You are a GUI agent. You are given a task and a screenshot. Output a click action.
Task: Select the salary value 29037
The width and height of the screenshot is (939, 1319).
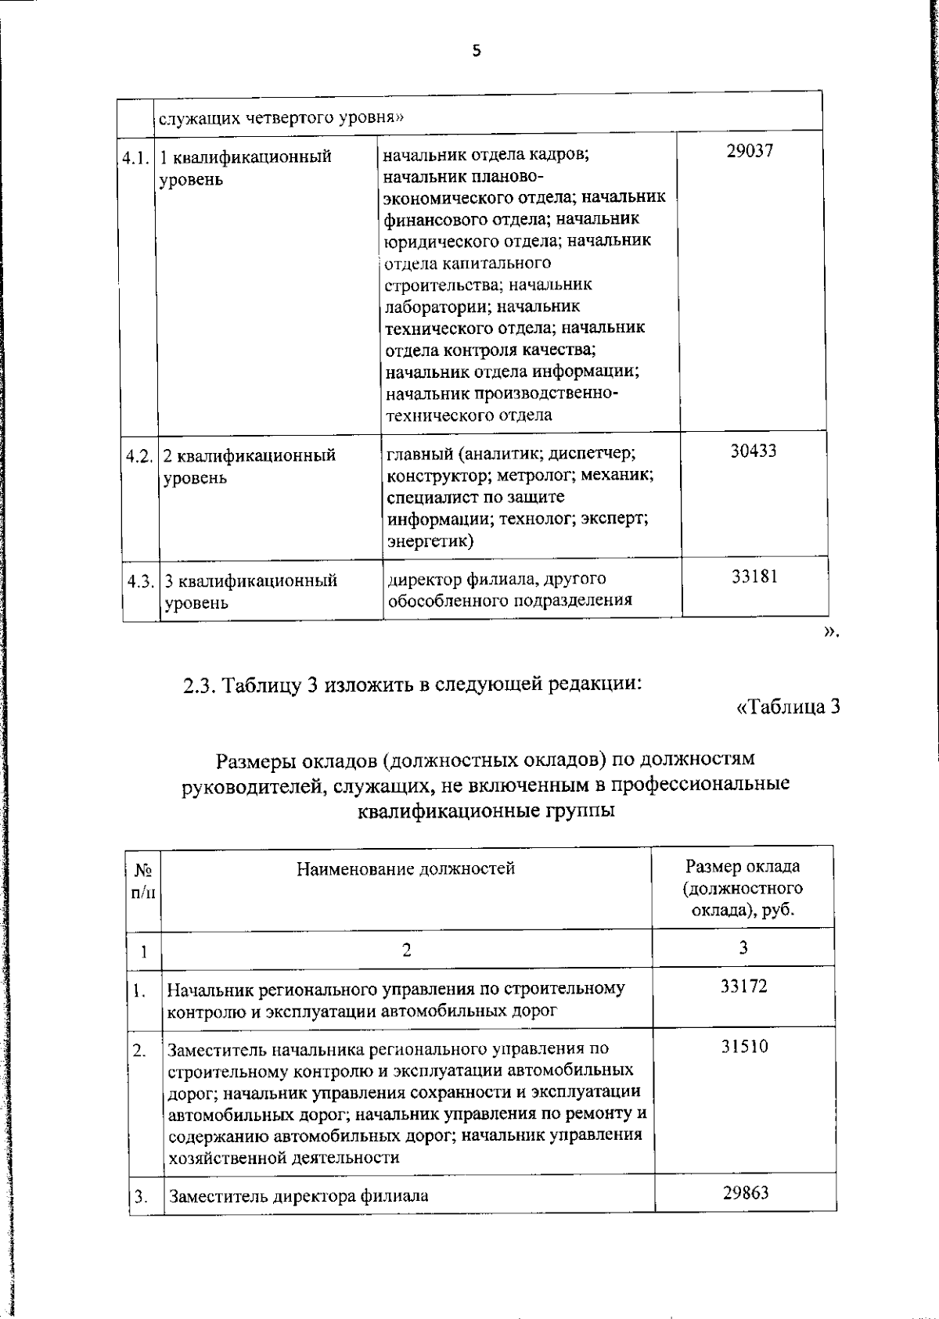point(749,151)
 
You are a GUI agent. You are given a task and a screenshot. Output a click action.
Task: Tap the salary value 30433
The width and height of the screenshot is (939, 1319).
point(753,451)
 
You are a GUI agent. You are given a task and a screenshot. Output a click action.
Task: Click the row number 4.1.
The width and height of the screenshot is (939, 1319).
point(135,156)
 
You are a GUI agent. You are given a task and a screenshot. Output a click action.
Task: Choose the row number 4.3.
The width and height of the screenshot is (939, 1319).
point(141,581)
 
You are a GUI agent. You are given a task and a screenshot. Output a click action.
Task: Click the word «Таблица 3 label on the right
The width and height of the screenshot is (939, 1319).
point(788,706)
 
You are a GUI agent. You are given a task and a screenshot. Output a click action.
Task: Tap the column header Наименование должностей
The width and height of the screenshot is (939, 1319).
point(405,868)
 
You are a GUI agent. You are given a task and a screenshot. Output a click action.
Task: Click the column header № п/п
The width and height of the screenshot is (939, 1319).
point(143,880)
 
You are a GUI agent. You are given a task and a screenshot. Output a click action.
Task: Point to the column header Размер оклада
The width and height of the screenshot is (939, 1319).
point(743,866)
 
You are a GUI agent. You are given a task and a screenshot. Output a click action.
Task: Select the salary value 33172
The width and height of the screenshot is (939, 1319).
point(743,986)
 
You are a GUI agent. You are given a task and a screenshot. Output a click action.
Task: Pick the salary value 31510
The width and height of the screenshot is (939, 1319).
point(744,1046)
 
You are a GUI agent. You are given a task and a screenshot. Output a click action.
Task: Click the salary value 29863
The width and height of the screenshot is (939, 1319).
point(744,1191)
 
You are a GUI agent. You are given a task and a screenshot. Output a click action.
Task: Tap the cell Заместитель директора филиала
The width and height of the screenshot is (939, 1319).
point(298,1196)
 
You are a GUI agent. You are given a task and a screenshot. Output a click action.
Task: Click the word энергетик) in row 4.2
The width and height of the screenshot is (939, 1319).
point(430,541)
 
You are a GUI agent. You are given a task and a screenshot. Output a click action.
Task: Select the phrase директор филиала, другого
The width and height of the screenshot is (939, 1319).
point(497,579)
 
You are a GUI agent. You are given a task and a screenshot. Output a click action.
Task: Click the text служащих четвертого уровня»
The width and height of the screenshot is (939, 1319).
point(282,118)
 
